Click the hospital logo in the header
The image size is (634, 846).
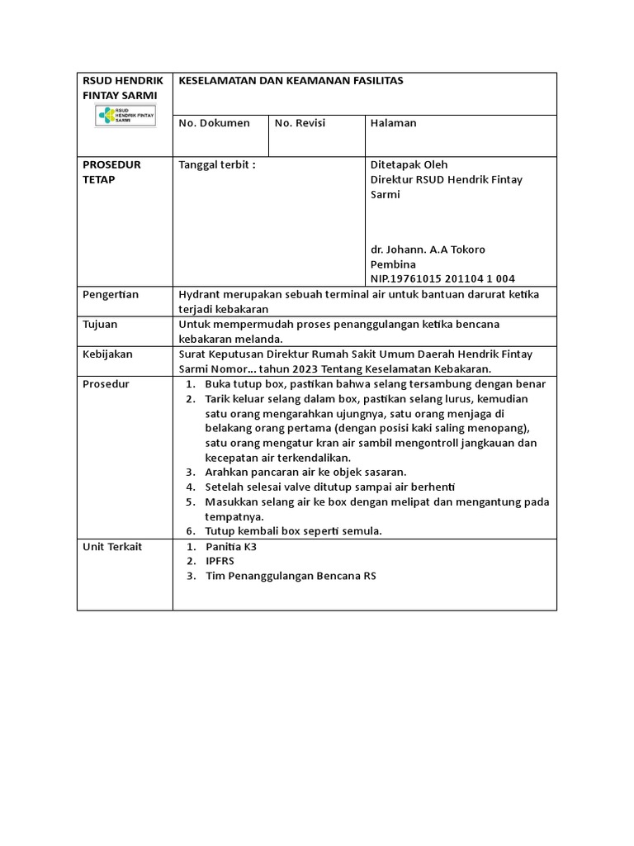(x=124, y=116)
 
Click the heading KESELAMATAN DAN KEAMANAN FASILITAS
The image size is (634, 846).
(x=291, y=81)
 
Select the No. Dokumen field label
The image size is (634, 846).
(x=215, y=123)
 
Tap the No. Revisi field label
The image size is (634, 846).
(x=300, y=123)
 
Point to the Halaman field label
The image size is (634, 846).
(x=394, y=123)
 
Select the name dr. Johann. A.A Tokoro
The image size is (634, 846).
(x=428, y=250)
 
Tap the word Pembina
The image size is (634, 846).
(x=394, y=264)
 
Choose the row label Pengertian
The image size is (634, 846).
(x=111, y=294)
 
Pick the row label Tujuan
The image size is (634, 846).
(x=102, y=324)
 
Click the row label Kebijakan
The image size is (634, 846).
(x=108, y=354)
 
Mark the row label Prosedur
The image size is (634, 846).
(x=106, y=384)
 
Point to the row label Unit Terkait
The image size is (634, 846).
(x=113, y=546)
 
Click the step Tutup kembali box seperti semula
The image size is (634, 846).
(x=293, y=531)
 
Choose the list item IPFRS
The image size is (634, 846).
(x=220, y=561)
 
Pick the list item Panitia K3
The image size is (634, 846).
(x=231, y=546)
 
